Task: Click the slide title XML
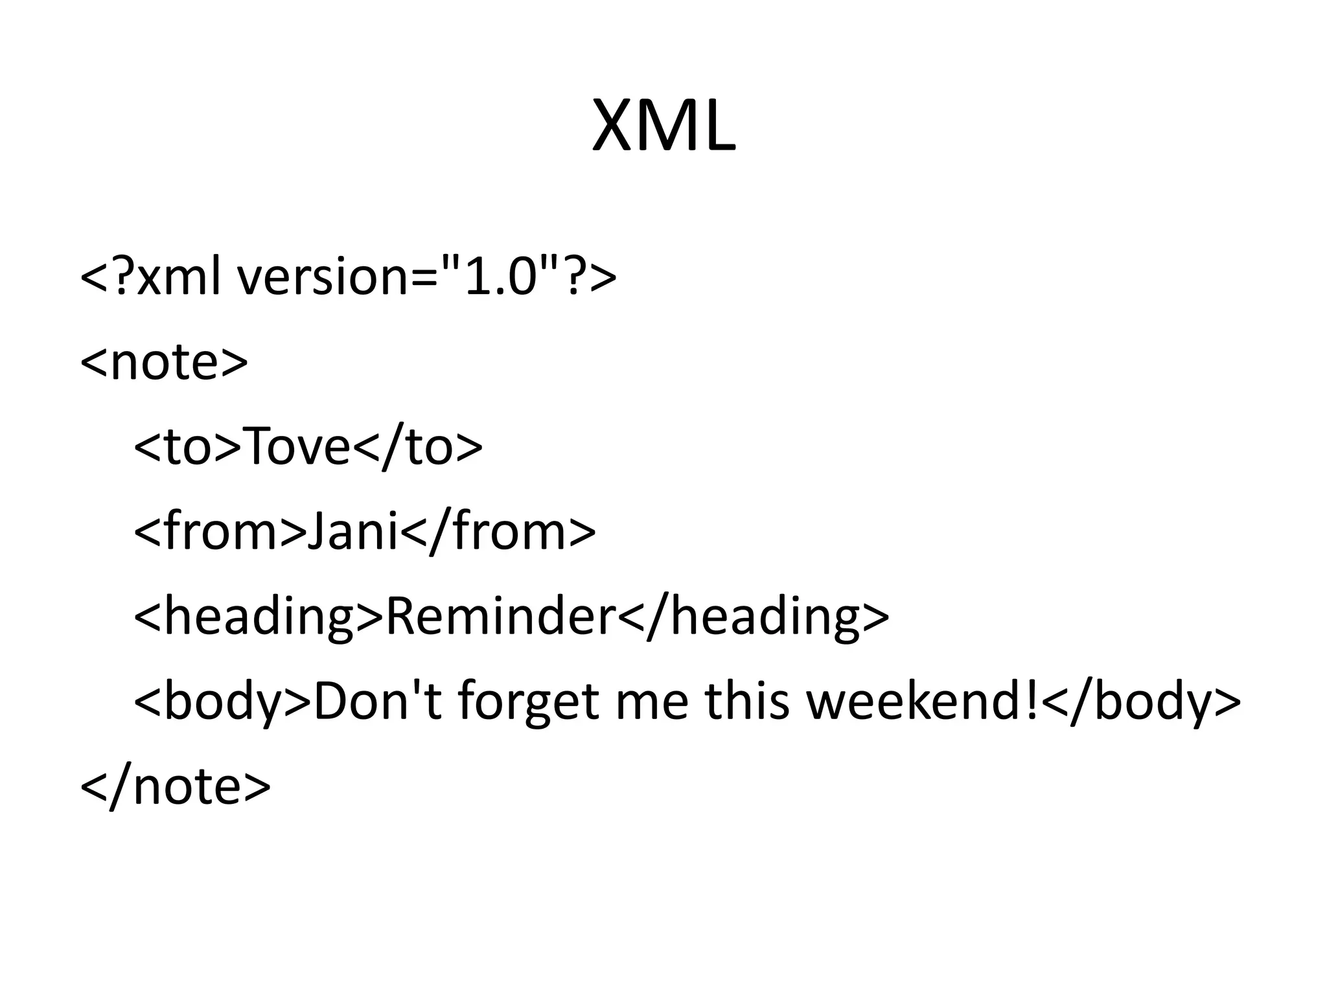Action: tap(663, 126)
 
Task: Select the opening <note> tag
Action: tap(164, 361)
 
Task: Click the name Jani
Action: tap(353, 531)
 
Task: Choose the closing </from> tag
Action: tap(498, 531)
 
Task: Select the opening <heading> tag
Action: tap(259, 615)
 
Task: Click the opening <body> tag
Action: tap(222, 701)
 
